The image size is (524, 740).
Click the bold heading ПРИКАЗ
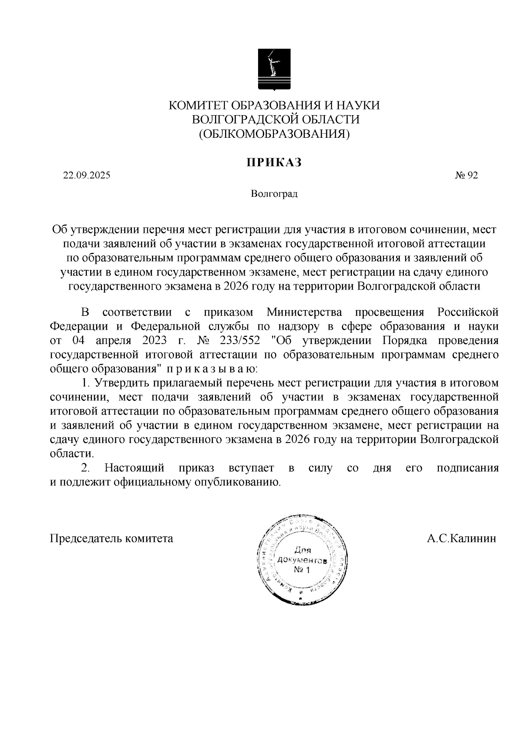coord(274,163)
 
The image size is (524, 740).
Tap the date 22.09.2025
coord(86,176)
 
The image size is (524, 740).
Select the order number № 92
coord(466,176)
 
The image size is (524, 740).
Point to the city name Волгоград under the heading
coord(274,194)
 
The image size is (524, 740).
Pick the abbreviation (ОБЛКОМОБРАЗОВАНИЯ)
coord(274,133)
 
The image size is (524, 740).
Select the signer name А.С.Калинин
coord(462,538)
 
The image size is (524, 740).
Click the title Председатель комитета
coord(112,538)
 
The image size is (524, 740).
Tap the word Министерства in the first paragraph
coord(304,312)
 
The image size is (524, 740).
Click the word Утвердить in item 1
coord(122,383)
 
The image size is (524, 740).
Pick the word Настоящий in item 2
coord(134,468)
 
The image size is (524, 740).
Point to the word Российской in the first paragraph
coord(468,312)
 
